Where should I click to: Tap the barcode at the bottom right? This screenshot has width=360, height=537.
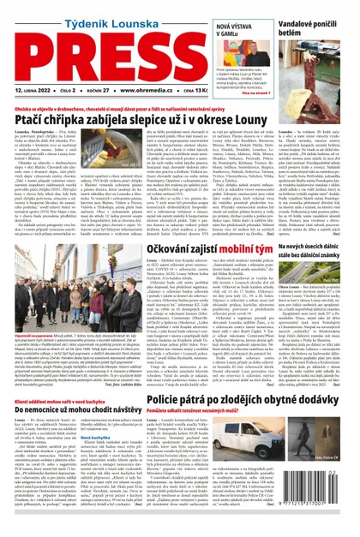click(323, 519)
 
